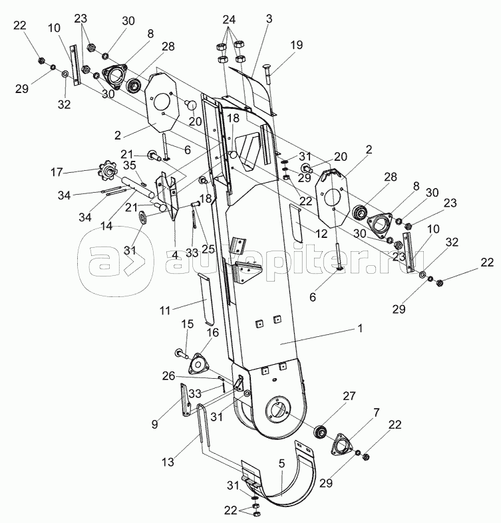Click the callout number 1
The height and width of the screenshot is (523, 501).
tap(360, 328)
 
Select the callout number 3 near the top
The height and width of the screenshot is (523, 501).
tap(269, 19)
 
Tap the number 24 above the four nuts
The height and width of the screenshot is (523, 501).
tap(229, 20)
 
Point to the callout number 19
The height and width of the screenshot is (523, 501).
tap(297, 45)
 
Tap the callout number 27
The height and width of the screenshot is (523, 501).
tap(349, 396)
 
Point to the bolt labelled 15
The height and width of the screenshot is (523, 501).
tap(181, 354)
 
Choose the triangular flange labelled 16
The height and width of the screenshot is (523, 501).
tap(198, 365)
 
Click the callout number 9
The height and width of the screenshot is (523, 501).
tap(154, 424)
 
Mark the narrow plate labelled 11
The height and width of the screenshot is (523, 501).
tap(206, 299)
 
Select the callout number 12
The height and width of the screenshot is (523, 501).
tap(321, 234)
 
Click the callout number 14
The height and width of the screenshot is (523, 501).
tap(107, 226)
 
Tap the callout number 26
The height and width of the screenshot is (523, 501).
tap(169, 376)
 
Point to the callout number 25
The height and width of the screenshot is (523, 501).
tap(208, 249)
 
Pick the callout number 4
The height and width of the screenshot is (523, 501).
tap(175, 256)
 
